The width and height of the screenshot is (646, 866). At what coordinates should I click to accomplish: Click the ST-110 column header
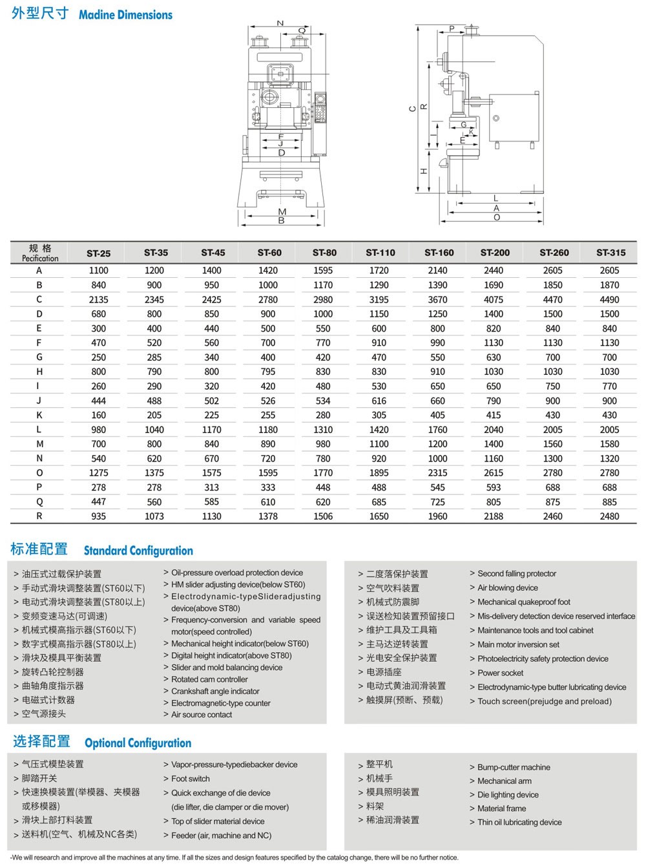point(380,253)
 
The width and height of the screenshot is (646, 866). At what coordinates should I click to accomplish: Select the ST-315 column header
point(610,253)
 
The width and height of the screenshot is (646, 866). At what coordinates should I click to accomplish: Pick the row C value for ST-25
point(99,300)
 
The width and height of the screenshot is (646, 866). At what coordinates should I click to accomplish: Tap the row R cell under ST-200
point(494,516)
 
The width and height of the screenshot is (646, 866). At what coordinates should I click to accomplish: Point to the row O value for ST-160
point(437,473)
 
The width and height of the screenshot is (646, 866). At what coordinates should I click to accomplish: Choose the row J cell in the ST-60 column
point(268,401)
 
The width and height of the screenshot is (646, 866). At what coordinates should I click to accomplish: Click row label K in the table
point(39,415)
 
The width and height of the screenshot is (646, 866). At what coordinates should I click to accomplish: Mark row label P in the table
point(39,487)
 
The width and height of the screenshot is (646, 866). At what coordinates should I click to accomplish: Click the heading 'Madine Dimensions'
point(125,15)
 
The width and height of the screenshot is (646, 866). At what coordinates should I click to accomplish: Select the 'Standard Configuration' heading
point(138,551)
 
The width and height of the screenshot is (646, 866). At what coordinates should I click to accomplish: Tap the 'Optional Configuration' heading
point(138,743)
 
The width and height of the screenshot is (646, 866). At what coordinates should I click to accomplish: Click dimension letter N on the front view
point(280,24)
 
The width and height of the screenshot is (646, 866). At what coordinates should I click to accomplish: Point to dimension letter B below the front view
point(282,220)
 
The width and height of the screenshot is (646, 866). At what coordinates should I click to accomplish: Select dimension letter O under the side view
point(496,218)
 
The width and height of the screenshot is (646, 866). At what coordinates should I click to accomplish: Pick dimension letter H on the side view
point(424,171)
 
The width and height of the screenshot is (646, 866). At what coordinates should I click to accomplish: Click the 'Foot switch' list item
point(191,779)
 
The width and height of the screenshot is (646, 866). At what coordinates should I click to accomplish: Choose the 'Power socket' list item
point(500,673)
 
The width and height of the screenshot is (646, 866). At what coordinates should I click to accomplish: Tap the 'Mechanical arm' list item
point(505,781)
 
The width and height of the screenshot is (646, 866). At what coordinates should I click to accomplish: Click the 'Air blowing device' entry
point(508,587)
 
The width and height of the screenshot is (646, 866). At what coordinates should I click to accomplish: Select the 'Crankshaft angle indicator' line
point(215,691)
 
